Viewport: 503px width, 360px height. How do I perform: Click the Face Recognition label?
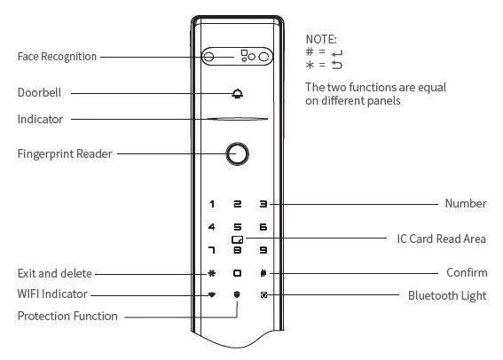click(x=56, y=57)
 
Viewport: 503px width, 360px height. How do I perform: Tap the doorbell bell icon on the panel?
click(x=238, y=92)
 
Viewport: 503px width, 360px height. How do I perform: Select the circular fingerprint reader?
click(x=237, y=153)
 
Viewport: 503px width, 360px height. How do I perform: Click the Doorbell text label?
click(x=39, y=92)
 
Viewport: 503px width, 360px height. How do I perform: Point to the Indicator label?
click(x=40, y=119)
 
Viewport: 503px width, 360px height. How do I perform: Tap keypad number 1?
click(x=211, y=205)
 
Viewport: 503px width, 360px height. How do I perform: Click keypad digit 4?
click(x=211, y=228)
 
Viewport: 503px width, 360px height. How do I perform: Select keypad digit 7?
click(x=211, y=251)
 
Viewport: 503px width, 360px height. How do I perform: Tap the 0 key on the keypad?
click(x=237, y=274)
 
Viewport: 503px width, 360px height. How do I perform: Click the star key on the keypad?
click(x=211, y=274)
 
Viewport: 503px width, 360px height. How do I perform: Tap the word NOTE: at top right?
click(x=321, y=39)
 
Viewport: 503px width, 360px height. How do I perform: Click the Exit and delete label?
click(x=54, y=273)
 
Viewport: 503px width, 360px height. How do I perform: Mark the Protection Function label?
click(x=67, y=316)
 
